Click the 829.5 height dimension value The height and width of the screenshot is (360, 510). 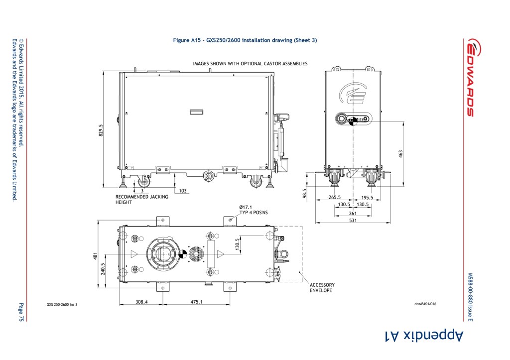pos(101,130)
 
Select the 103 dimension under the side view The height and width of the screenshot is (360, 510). pos(183,191)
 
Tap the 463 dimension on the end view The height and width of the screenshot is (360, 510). pos(401,154)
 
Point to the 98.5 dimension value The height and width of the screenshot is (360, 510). pos(305,194)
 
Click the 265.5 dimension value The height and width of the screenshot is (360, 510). pos(334,197)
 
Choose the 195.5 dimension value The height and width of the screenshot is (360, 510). pos(367,197)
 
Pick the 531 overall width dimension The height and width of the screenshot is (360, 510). pos(353,220)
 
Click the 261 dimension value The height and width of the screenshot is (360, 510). pos(353,213)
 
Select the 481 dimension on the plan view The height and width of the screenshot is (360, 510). pos(95,256)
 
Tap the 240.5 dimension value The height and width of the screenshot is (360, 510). pos(103,269)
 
